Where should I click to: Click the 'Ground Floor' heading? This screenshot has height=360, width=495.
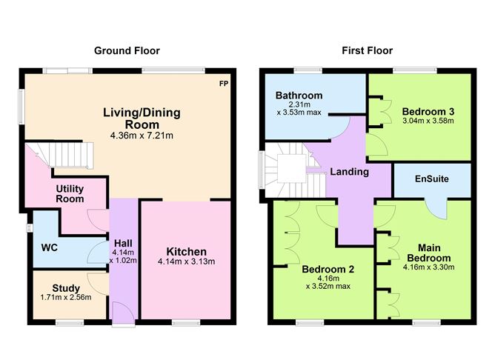[127, 50]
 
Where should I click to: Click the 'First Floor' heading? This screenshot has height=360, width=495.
[367, 50]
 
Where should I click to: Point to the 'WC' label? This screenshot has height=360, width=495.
[48, 247]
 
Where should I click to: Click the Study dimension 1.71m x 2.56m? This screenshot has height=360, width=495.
[66, 299]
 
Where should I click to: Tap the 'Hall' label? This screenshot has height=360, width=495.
[123, 242]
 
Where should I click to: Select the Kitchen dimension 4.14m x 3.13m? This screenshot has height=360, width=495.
[186, 261]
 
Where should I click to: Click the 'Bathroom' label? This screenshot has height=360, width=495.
[299, 96]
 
